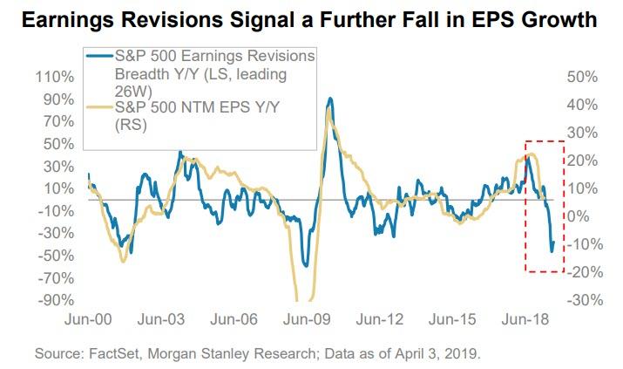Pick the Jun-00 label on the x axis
(89, 318)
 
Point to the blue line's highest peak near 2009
(328, 99)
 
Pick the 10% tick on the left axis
(54, 188)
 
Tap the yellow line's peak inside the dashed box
(532, 154)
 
